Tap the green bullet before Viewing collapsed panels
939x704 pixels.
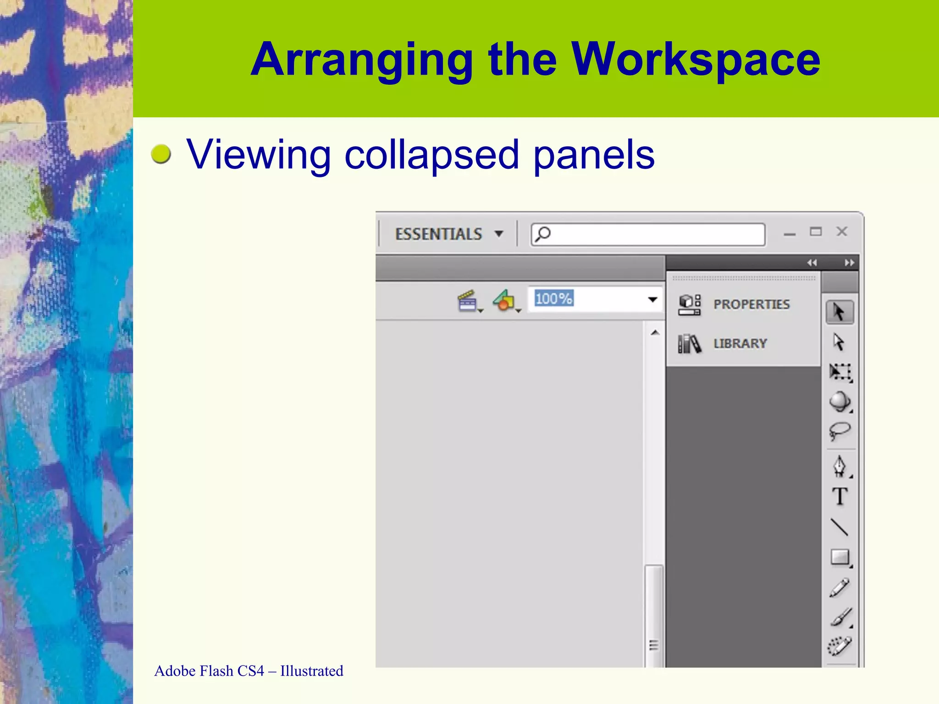161,154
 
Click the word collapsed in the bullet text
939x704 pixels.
431,155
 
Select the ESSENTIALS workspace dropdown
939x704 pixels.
448,234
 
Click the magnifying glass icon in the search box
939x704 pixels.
543,234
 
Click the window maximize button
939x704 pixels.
816,232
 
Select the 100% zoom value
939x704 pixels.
554,299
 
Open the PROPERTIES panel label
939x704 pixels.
751,304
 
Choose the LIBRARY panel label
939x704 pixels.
740,344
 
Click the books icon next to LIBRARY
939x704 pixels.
689,343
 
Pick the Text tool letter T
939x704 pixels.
840,496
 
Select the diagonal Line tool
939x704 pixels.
840,527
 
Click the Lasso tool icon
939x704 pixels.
840,431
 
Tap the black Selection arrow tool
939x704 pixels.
839,313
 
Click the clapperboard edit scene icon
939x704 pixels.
468,301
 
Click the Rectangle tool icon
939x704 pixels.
840,557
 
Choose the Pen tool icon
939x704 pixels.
840,467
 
